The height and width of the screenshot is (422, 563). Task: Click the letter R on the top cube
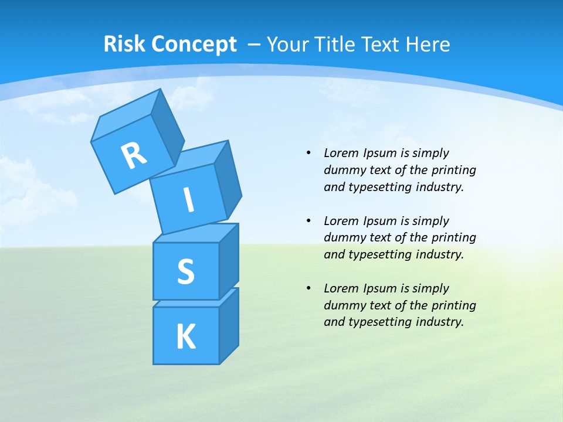134,155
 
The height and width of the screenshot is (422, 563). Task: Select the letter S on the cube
185,271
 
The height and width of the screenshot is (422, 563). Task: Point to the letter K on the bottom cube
185,337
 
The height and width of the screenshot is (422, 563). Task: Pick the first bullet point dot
308,153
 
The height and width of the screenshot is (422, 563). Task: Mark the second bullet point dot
308,221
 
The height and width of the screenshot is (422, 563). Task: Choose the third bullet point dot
308,288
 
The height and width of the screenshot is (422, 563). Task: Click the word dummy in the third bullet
343,305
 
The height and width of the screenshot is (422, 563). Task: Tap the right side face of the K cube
229,325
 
